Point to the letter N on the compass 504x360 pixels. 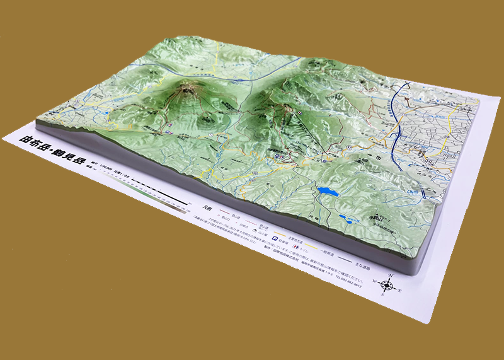pyautogui.click(x=391, y=276)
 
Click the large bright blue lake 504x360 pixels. pyautogui.click(x=326, y=190)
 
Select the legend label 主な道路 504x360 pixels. pyautogui.click(x=372, y=260)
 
